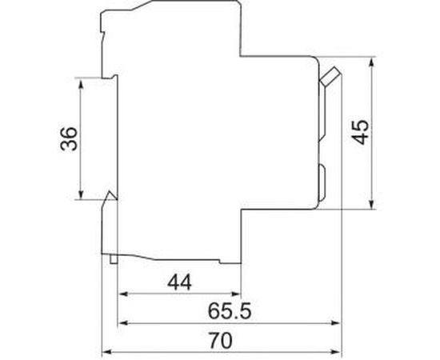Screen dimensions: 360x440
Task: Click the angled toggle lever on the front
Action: [329, 78]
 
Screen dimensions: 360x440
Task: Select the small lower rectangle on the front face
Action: [322, 182]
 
